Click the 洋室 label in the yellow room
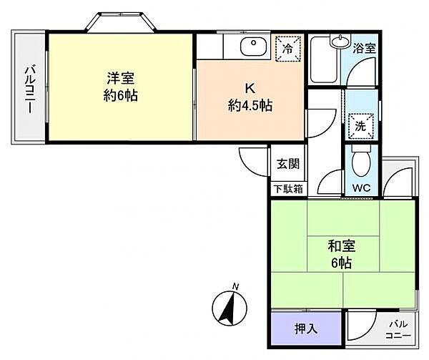[x=122, y=78]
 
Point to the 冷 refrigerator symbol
[x=287, y=49]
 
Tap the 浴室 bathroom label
[x=365, y=49]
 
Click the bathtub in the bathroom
[x=325, y=60]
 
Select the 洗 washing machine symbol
[x=360, y=124]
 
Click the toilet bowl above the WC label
[x=361, y=163]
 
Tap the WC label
[x=360, y=189]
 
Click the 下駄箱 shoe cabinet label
[x=287, y=189]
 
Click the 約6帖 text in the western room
[x=122, y=94]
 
